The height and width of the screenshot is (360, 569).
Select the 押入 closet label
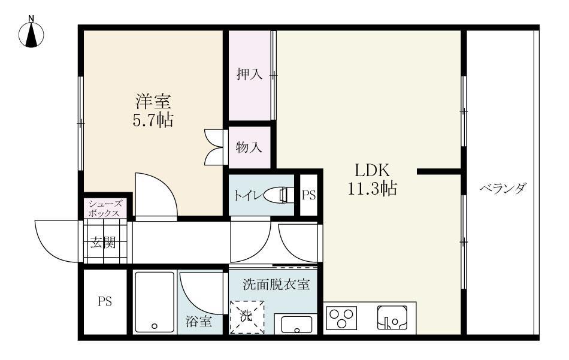tap(249, 75)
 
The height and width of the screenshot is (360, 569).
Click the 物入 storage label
tap(249, 146)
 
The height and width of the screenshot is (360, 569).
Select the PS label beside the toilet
tap(308, 195)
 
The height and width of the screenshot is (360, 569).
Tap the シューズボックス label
tap(105, 208)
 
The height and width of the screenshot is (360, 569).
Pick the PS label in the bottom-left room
tap(105, 301)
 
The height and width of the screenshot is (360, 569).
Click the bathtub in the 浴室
tap(154, 302)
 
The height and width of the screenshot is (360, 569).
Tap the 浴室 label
tap(198, 322)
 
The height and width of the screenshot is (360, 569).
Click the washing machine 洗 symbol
tap(247, 316)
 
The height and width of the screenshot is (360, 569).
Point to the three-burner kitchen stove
tap(341, 318)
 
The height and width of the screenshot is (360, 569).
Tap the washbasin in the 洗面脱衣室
tap(295, 324)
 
